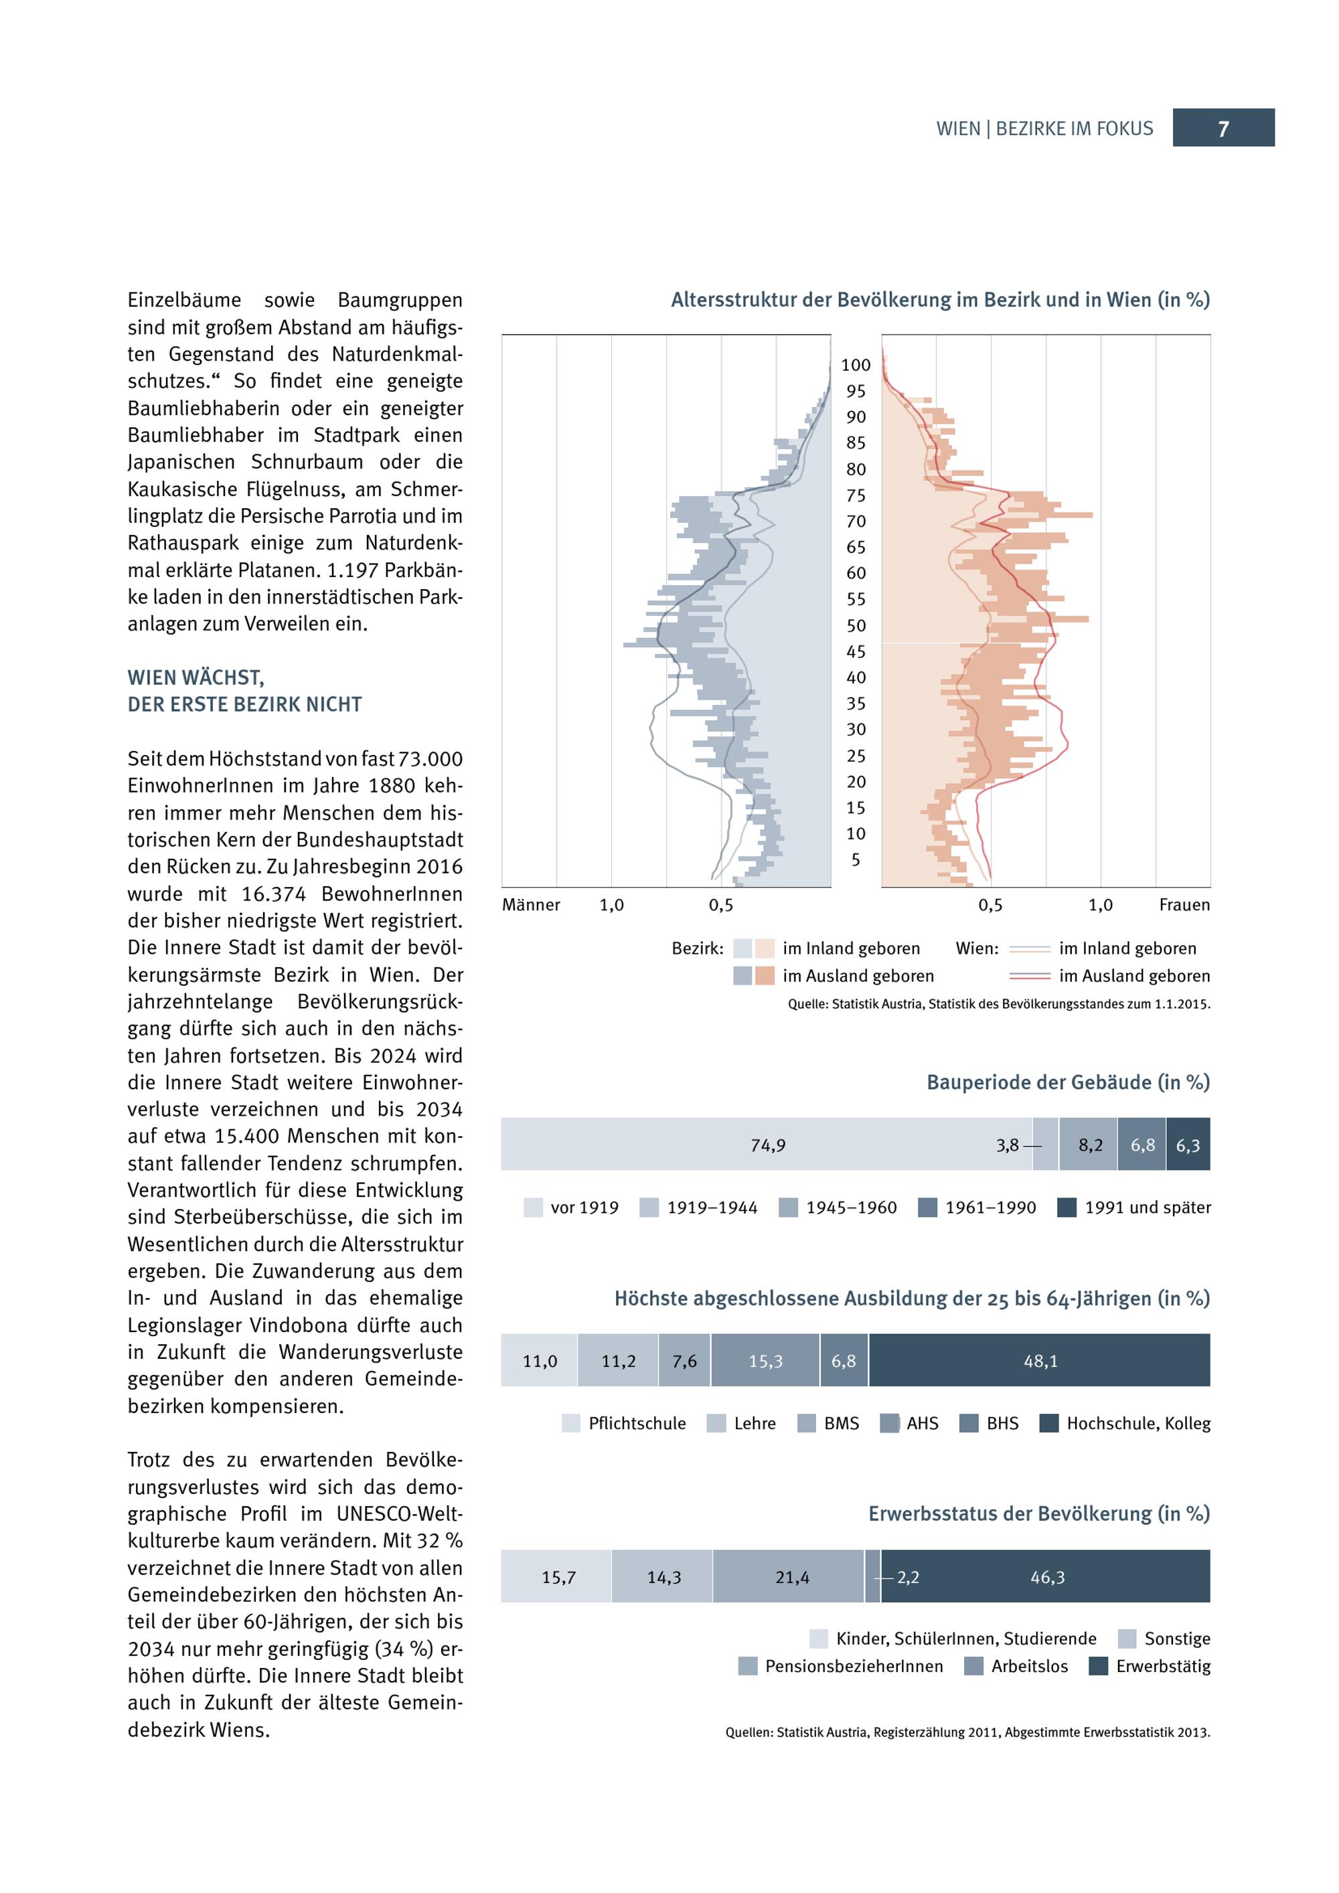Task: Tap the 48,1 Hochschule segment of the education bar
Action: point(1040,1362)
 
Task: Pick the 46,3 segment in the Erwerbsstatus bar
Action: point(1047,1577)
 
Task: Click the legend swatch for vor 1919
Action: point(534,1208)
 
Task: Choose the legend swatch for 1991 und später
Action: point(1067,1208)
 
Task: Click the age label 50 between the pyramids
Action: point(856,626)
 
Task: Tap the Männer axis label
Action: point(531,905)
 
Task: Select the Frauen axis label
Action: point(1184,905)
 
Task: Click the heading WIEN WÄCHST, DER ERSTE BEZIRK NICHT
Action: point(245,691)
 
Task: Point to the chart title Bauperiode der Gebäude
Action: point(1068,1082)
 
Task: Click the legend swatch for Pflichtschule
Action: point(570,1424)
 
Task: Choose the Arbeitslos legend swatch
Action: point(973,1666)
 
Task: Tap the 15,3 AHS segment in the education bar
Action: point(765,1362)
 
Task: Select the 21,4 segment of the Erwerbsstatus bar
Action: point(791,1577)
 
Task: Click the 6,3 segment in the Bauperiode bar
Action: point(1188,1145)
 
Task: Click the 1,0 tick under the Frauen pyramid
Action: point(1100,905)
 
